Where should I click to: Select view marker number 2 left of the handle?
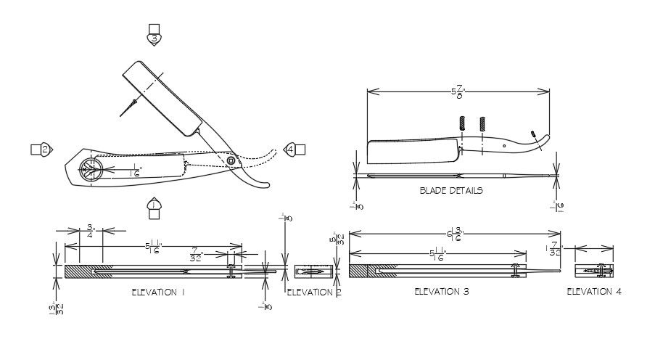[44, 150]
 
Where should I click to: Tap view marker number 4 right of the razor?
[292, 149]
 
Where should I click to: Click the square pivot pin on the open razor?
[231, 160]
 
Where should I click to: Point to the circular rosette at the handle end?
[91, 170]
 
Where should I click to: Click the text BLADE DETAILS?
[450, 191]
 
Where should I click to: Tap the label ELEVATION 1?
[158, 292]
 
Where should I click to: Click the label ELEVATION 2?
[313, 292]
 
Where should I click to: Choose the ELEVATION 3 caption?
[441, 291]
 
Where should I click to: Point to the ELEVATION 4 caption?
[593, 291]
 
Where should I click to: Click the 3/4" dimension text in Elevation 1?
[89, 230]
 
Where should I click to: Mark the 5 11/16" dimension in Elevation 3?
[437, 253]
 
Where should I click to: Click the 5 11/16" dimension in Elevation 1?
[153, 247]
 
